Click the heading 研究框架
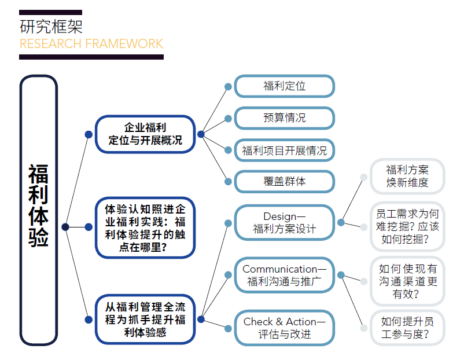click(x=51, y=26)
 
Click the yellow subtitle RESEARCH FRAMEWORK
click(x=91, y=44)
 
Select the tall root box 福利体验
click(x=39, y=210)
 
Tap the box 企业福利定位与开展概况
click(x=145, y=134)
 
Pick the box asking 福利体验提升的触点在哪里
click(x=145, y=227)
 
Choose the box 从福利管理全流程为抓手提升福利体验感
click(x=145, y=319)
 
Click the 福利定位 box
click(x=284, y=86)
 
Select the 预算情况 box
click(x=284, y=118)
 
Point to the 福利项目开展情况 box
click(x=284, y=150)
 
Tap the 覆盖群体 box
click(x=284, y=181)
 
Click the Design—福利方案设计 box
click(x=284, y=222)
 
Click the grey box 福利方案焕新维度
click(x=407, y=176)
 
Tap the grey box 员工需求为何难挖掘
click(x=407, y=226)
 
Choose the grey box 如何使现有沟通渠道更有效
click(x=407, y=281)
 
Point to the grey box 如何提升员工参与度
click(x=407, y=328)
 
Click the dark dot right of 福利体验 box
click(x=65, y=227)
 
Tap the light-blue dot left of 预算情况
click(x=229, y=118)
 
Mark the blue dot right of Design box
click(x=341, y=222)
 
